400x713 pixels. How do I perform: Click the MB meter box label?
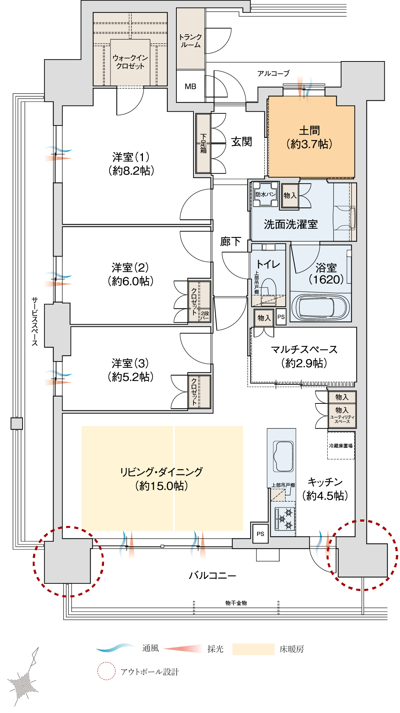[190, 87]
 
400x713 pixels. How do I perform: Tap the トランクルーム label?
[191, 41]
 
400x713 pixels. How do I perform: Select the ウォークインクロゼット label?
[130, 62]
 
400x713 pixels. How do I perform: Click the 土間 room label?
[309, 131]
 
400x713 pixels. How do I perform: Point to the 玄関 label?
[241, 142]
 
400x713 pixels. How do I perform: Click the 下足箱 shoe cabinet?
[203, 143]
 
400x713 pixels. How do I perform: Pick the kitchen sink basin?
[283, 456]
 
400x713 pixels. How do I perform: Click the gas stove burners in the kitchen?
[285, 518]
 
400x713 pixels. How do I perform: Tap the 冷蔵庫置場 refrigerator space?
[341, 446]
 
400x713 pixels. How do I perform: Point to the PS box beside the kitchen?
[260, 534]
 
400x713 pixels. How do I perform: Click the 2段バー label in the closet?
[205, 316]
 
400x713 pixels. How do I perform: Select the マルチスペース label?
[304, 350]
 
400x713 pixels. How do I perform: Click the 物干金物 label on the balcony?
[236, 603]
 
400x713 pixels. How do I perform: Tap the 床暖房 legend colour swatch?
[253, 649]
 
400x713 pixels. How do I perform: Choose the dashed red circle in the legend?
[106, 671]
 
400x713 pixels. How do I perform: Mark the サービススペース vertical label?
[35, 321]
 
